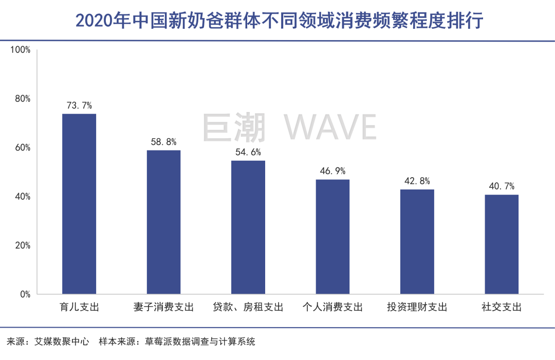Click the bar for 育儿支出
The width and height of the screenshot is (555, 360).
(x=79, y=204)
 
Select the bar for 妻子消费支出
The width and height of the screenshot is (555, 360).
(x=163, y=222)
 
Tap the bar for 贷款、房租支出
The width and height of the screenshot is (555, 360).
(x=248, y=227)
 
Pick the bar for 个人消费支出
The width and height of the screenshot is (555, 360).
(x=332, y=237)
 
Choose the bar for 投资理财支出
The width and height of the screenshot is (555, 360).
(x=417, y=241)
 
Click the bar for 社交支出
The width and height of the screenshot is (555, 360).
(x=502, y=244)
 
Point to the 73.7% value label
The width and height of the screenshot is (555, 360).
(x=79, y=106)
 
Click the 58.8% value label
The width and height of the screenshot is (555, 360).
(x=163, y=142)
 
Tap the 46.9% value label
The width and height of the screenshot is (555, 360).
(x=332, y=172)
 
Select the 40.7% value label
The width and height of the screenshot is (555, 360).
(x=502, y=186)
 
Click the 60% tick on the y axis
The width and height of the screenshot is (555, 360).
(x=23, y=148)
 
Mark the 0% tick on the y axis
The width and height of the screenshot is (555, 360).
(x=25, y=295)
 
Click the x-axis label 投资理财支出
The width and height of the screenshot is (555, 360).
(x=417, y=308)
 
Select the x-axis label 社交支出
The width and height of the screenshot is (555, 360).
(x=502, y=308)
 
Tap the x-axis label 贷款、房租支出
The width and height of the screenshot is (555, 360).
(x=248, y=308)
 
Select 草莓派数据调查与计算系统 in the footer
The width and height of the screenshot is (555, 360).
(x=200, y=341)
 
